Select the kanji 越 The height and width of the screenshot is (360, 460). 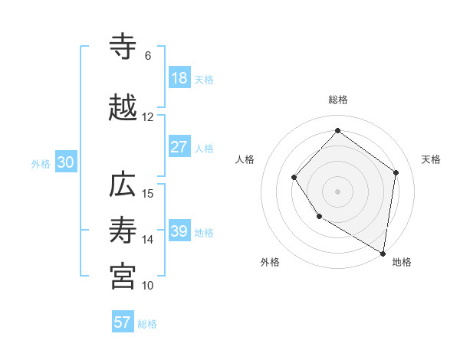123,109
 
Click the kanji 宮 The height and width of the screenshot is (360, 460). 123,277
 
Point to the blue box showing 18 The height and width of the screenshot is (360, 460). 179,78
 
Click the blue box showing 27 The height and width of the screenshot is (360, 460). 179,147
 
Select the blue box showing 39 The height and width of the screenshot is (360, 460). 179,231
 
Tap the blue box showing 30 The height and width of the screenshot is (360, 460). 65,162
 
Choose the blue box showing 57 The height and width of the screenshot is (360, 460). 123,322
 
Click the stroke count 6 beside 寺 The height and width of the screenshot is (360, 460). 148,56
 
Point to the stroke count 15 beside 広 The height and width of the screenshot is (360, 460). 149,194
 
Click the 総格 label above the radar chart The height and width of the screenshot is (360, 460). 337,100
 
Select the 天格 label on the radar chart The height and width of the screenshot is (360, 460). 431,159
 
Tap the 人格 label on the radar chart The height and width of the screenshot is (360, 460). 245,159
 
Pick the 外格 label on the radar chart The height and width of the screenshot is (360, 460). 270,262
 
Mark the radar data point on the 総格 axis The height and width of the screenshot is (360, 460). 337,131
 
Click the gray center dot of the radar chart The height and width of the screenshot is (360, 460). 337,191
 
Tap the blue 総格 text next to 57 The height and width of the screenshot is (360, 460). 147,324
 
